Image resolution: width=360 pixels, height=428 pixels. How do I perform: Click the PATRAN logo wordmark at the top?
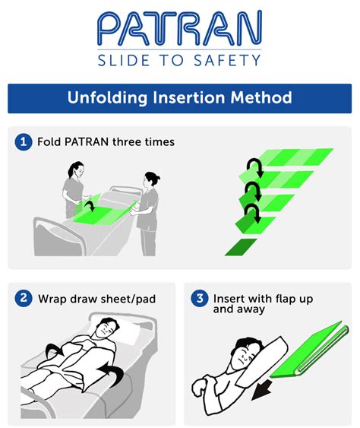point(179,28)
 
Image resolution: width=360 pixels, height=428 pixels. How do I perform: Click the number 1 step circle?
point(24,142)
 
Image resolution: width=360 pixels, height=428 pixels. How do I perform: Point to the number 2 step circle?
point(24,299)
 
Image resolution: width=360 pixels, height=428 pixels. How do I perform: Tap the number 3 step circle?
point(200,299)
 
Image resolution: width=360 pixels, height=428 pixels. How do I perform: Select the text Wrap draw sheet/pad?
point(96,299)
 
